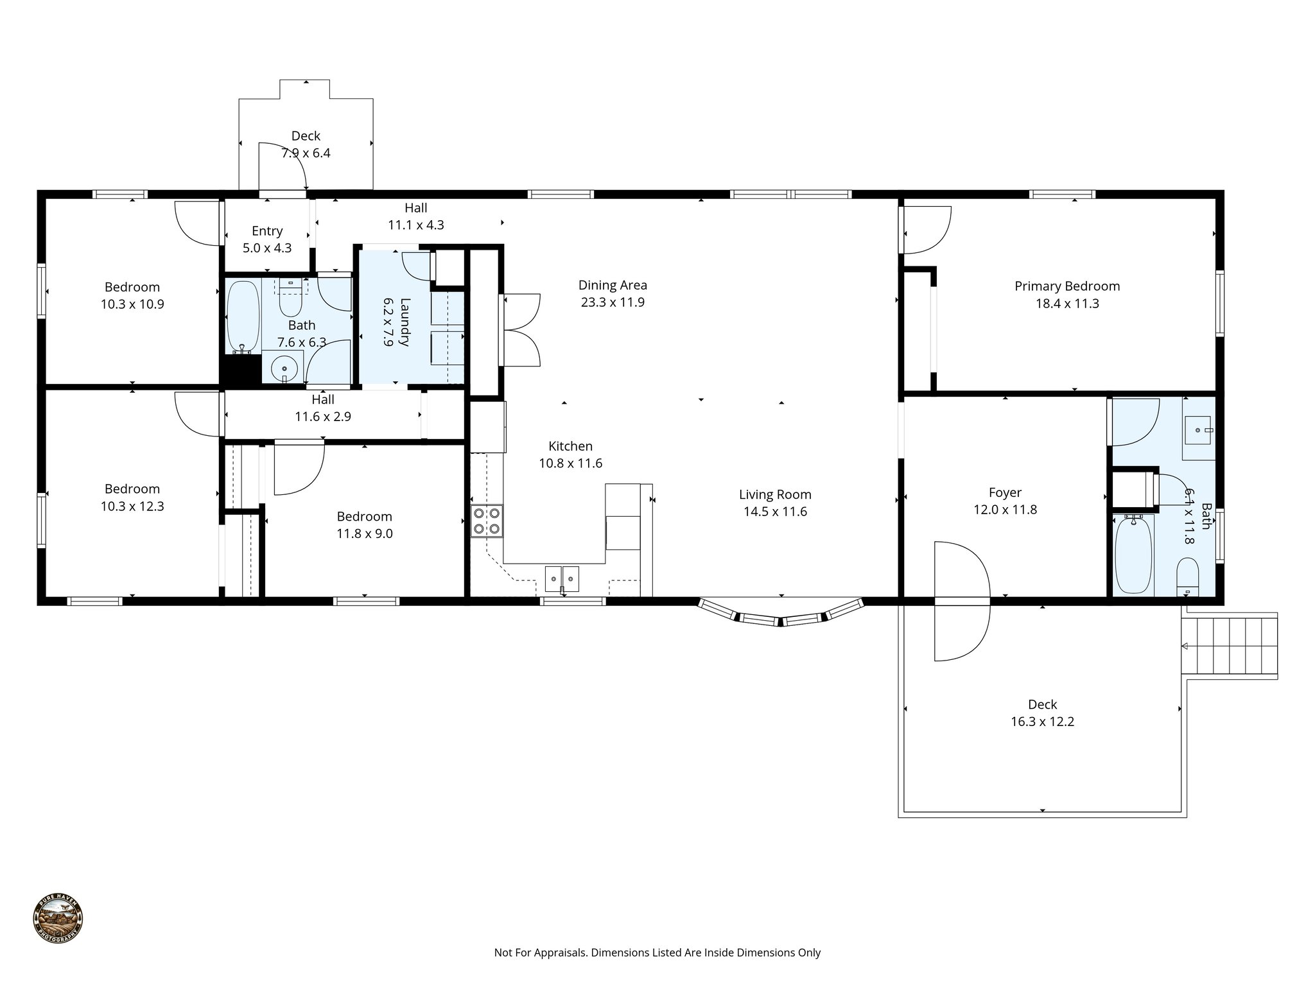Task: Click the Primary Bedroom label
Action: click(x=1067, y=286)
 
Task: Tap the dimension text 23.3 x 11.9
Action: click(x=612, y=302)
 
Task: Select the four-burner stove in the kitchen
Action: click(x=487, y=521)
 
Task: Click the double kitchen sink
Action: click(x=562, y=578)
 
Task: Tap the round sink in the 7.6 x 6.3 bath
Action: click(x=284, y=369)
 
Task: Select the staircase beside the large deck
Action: click(x=1229, y=646)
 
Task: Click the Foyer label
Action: click(x=1005, y=492)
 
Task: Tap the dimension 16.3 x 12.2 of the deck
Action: click(x=1042, y=722)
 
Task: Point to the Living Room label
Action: click(x=775, y=494)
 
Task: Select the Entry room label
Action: click(x=267, y=231)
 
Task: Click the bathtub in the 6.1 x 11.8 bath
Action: click(x=1133, y=556)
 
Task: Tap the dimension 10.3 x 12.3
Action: click(x=132, y=506)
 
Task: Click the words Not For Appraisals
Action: click(x=541, y=953)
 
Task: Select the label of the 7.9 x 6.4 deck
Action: click(x=306, y=136)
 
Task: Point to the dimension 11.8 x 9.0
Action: click(x=364, y=533)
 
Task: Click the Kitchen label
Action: click(x=570, y=446)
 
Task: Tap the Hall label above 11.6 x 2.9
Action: click(x=323, y=399)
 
